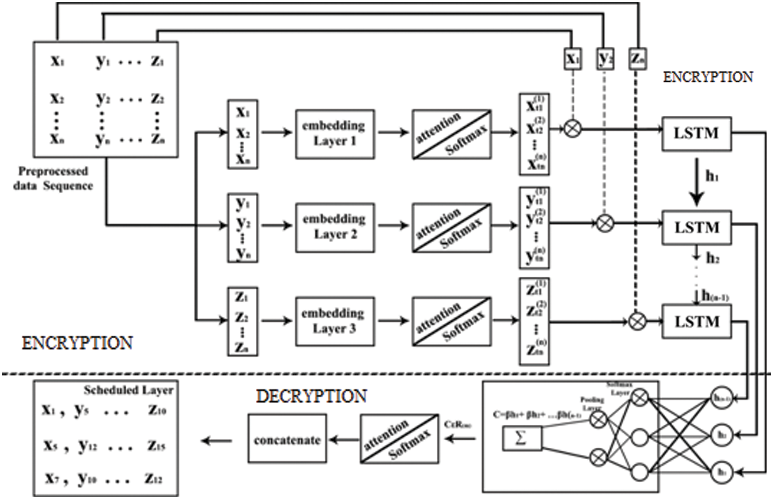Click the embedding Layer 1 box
coord(335,134)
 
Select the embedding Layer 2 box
coord(335,227)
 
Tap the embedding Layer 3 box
coord(335,321)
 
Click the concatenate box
coord(287,440)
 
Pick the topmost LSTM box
coord(696,133)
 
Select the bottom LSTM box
coord(696,322)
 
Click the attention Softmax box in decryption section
coord(399,439)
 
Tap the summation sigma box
coord(522,439)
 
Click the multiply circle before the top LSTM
coord(573,129)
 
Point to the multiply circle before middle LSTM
coord(605,223)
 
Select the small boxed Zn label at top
coord(637,59)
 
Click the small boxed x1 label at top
coord(573,59)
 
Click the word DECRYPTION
coord(311,396)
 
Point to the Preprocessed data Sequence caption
coord(53,178)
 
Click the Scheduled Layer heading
coord(129,390)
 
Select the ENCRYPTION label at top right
coord(708,77)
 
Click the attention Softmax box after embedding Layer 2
coord(451,228)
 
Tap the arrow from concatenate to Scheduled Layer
coord(217,441)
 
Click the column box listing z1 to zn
coord(243,322)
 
